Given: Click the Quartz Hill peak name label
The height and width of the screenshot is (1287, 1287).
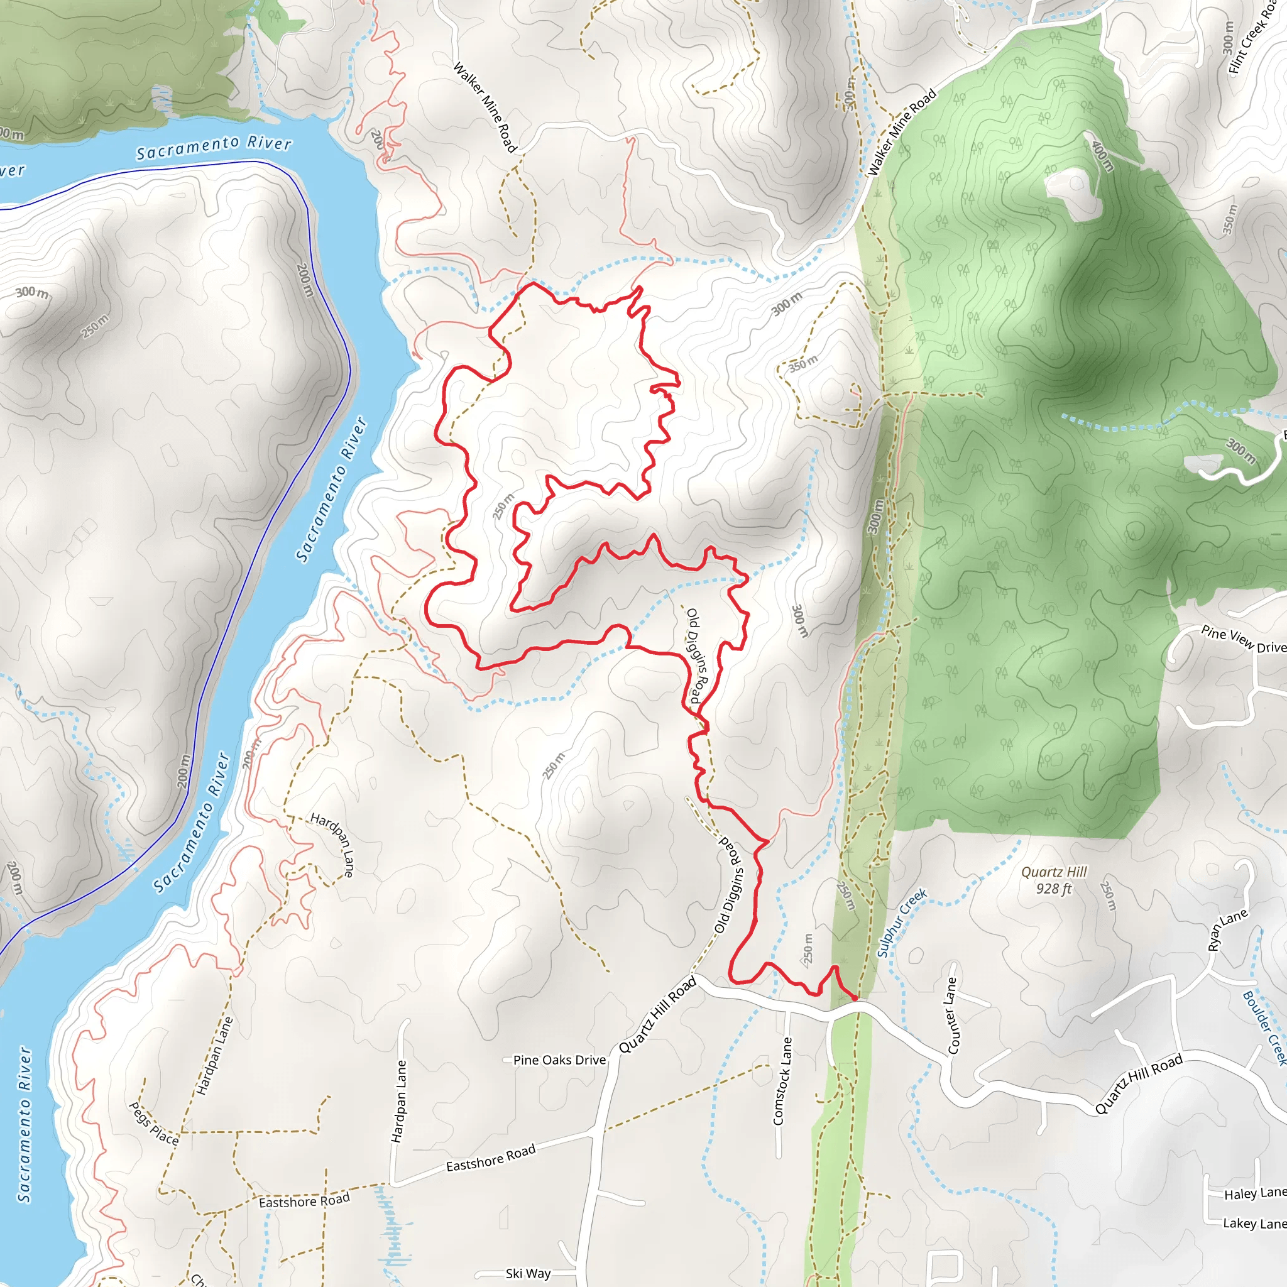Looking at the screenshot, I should coord(1054,872).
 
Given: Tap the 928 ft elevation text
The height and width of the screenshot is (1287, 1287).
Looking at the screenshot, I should coord(1054,889).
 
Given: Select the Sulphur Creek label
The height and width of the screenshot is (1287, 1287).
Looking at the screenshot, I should coord(901,923).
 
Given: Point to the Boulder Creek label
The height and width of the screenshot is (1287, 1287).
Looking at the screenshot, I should coord(1264,1028).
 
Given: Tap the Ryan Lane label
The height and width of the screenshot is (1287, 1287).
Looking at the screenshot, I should coord(1228,930).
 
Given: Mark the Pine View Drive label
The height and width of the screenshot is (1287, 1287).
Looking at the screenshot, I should coord(1243,640).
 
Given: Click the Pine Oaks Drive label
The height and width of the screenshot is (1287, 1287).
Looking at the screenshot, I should coord(559,1060).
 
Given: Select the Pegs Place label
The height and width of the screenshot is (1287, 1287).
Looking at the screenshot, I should coord(154,1123).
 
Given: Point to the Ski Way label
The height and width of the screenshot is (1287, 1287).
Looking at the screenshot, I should coord(528,1274).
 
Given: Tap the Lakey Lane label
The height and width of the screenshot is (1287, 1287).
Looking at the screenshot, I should coord(1254,1223).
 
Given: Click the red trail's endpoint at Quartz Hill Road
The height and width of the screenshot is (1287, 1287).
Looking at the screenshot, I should coord(855,998).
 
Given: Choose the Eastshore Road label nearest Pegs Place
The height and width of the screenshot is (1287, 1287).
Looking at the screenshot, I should coord(304,1201).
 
